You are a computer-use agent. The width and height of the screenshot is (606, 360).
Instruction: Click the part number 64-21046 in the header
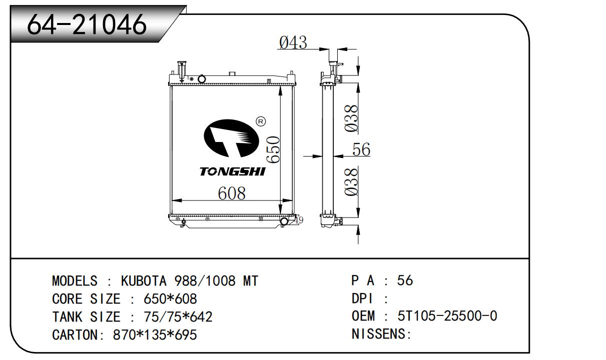point(87,24)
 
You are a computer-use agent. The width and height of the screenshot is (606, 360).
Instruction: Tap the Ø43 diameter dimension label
point(293,42)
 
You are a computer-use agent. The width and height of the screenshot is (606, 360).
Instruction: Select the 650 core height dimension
point(273,149)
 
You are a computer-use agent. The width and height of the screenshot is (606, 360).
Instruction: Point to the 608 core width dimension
point(232,193)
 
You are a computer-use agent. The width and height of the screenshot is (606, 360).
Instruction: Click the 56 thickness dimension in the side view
point(361,149)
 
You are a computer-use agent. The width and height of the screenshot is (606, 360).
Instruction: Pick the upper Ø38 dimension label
point(351,118)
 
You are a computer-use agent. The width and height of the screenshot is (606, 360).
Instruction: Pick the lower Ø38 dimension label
point(351,182)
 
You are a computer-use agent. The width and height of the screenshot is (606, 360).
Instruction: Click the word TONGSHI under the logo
point(232,171)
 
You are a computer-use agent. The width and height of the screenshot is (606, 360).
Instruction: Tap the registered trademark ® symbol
point(261,121)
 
